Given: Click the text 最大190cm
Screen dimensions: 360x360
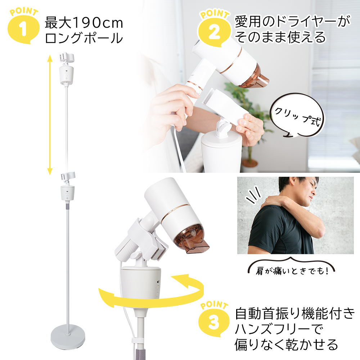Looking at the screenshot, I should pos(84,23).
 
